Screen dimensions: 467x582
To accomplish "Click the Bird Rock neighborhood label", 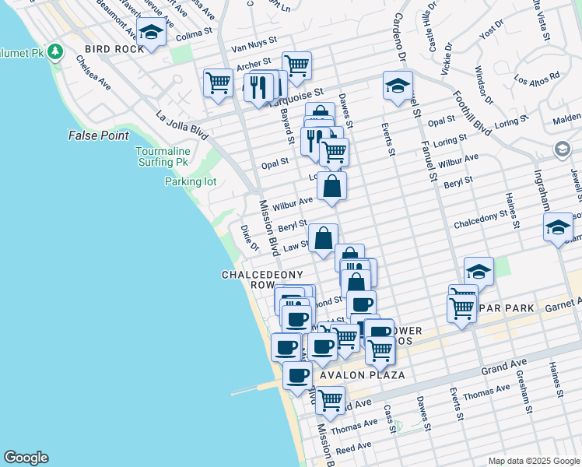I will point(115,49).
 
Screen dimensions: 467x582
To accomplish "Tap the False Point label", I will point(98,135).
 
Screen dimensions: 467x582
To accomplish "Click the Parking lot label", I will point(190,182).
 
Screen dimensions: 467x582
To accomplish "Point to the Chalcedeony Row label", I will point(249,280).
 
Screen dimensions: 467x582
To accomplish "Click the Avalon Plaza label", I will point(362,375).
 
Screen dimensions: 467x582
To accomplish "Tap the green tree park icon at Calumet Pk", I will point(54,52).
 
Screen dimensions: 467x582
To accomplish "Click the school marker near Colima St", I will point(151,33).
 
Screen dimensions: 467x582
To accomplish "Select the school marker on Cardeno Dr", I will point(398,86).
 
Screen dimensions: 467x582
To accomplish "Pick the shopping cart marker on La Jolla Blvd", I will point(219,82).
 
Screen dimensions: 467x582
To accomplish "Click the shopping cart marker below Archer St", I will point(296,65).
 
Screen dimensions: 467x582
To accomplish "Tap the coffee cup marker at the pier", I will point(296,376).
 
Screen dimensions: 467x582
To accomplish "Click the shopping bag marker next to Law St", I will point(323,237).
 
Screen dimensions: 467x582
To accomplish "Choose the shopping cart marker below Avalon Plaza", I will point(331,400).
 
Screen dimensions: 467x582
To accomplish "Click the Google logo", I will point(26,458).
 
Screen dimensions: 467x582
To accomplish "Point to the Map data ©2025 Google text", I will point(533,461).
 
